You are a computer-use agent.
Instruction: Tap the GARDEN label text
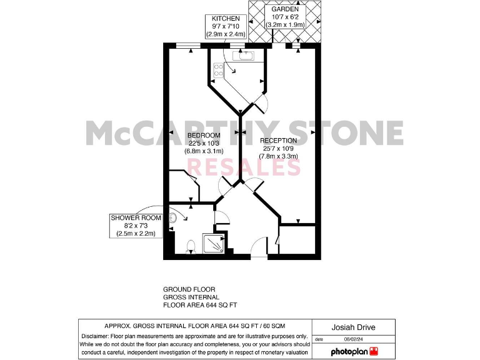click(284, 10)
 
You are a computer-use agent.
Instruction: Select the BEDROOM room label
click(204, 136)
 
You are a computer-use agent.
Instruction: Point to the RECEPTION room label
click(279, 141)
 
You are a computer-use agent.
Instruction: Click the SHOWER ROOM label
click(136, 217)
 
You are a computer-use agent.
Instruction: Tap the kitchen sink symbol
click(242, 56)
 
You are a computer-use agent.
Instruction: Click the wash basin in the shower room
click(174, 217)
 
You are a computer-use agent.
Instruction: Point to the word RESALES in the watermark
click(244, 167)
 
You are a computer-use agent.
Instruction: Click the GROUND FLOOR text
click(189, 289)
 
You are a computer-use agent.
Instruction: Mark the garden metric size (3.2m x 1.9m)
click(284, 25)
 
